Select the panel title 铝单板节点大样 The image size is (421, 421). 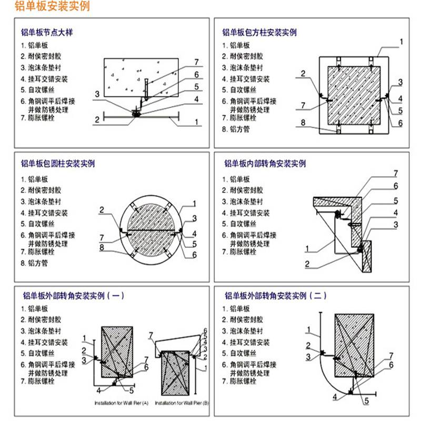[46, 33]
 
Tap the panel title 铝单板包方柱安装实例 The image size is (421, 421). [259, 33]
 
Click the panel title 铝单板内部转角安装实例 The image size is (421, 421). [265, 164]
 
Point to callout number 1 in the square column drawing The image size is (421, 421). [401, 42]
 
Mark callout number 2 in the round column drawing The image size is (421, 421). [102, 210]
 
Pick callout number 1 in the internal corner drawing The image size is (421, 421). [306, 248]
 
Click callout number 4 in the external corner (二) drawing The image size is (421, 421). [334, 397]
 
